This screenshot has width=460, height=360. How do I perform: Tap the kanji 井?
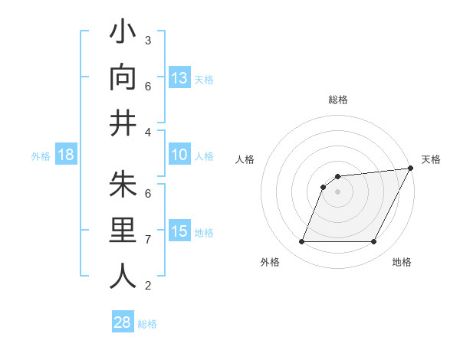click(x=123, y=123)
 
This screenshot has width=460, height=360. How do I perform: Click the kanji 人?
click(x=123, y=276)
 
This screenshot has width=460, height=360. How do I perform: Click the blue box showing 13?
click(x=179, y=77)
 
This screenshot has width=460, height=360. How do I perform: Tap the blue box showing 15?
click(x=179, y=231)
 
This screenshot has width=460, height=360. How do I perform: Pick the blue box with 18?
click(x=66, y=155)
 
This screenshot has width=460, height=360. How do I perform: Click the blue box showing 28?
click(x=123, y=322)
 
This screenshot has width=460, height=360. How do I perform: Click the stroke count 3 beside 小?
click(x=147, y=40)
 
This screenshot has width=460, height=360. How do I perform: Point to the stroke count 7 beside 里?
click(x=147, y=240)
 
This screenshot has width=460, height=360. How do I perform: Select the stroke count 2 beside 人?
click(x=147, y=286)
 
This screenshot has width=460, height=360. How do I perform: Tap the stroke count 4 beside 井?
click(x=147, y=133)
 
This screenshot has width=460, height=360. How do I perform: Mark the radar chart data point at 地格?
click(x=374, y=242)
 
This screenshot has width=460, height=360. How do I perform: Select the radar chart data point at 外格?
click(x=301, y=242)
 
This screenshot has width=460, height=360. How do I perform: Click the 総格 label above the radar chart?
click(x=338, y=100)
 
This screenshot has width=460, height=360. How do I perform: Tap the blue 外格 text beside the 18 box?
click(x=41, y=156)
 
